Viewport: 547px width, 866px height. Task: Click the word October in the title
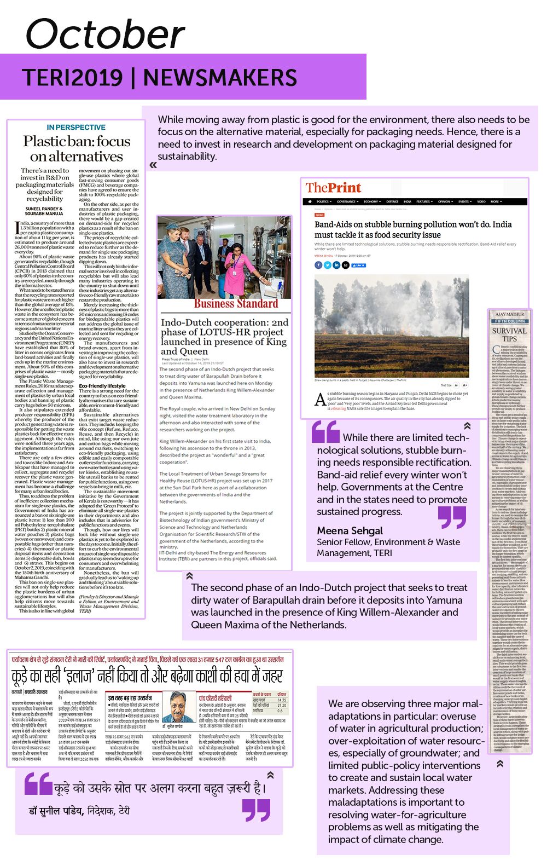point(105,34)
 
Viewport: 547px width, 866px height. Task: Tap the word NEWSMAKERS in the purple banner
point(220,78)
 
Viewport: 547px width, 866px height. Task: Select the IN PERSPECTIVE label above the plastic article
point(76,127)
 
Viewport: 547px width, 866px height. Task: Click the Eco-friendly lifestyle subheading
point(102,386)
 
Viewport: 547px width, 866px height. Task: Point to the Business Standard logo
point(236,304)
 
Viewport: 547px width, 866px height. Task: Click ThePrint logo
point(333,188)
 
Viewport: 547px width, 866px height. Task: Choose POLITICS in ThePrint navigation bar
point(323,201)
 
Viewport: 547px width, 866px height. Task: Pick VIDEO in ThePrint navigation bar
point(481,201)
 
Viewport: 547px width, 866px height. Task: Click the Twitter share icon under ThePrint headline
point(327,265)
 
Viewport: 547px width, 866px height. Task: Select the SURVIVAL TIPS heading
point(509,334)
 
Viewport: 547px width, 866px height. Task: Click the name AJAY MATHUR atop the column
point(509,314)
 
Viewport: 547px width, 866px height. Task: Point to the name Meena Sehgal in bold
point(350,530)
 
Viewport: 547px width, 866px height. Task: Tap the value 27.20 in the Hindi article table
point(282,705)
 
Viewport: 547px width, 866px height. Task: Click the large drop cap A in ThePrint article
point(321,400)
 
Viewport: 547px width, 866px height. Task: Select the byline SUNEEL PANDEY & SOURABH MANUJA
point(44,211)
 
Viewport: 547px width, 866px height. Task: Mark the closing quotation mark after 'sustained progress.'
point(452,517)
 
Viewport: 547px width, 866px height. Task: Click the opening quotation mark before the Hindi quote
point(38,784)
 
